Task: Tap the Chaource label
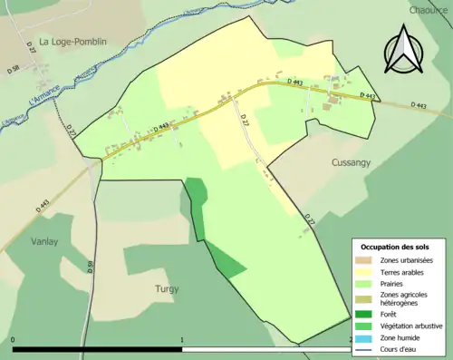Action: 429,10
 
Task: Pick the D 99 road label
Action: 91,268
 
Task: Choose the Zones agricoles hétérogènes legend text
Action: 404,298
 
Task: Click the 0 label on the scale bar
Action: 14,340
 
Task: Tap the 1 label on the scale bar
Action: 182,340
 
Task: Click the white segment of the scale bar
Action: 266,348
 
